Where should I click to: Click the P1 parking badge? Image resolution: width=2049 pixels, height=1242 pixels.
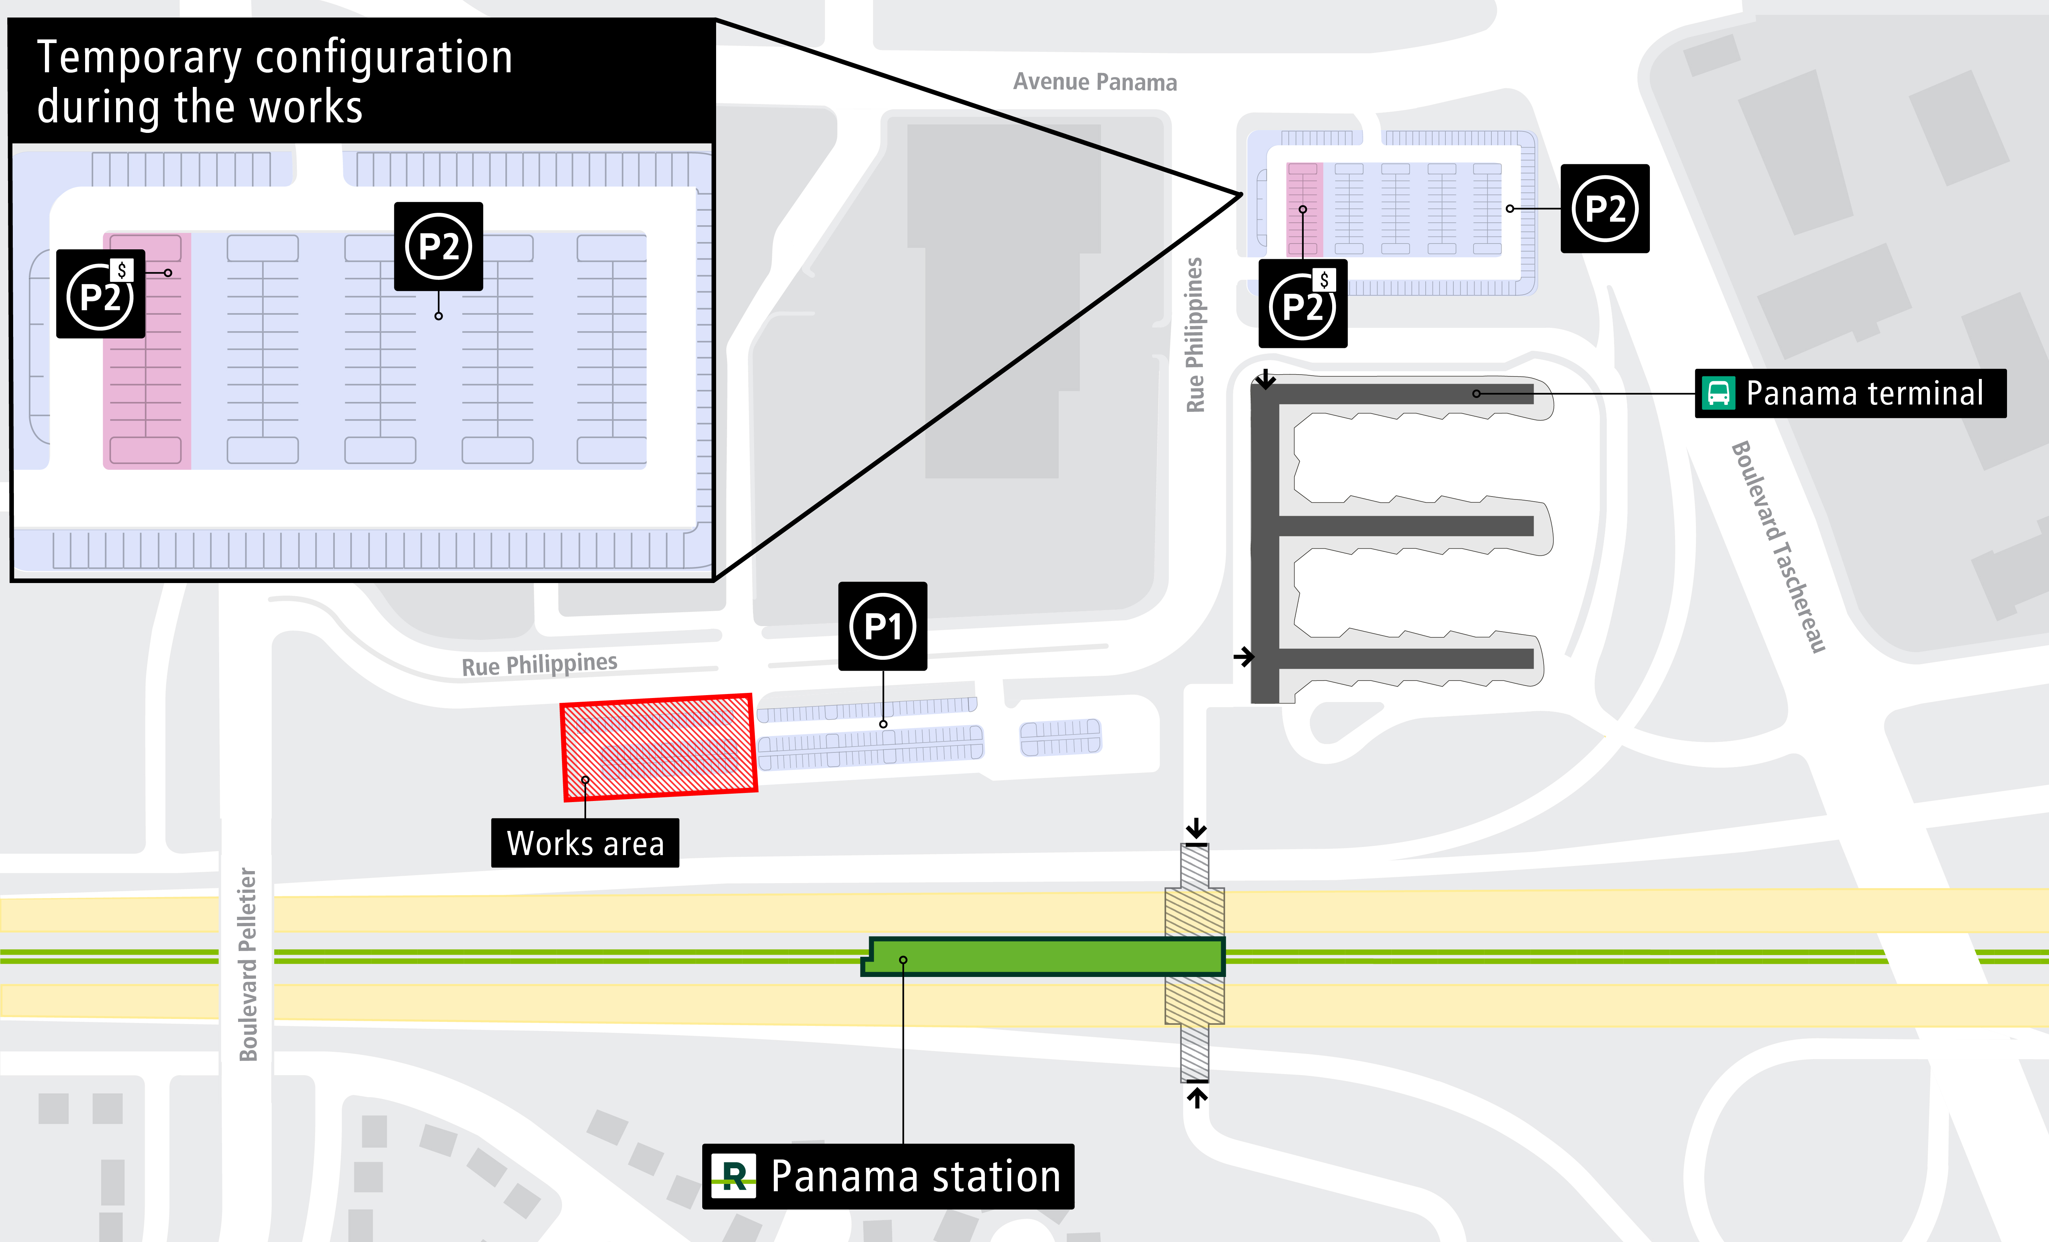[x=882, y=626]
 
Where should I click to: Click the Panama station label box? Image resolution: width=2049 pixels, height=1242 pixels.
[x=888, y=1176]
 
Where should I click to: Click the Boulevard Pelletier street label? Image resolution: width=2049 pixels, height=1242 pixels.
[x=248, y=964]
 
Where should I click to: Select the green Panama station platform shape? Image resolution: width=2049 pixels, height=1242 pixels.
[x=1044, y=956]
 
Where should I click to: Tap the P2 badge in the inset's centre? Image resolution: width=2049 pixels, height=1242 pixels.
[x=438, y=246]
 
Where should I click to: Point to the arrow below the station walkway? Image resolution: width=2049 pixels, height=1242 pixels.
[x=1197, y=1097]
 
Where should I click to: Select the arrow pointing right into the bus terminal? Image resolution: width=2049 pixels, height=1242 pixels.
[x=1244, y=656]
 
